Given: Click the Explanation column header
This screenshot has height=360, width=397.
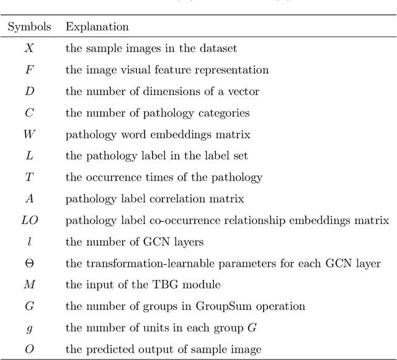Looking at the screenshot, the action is (x=97, y=27).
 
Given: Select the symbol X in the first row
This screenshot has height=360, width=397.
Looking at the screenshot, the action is (x=29, y=48).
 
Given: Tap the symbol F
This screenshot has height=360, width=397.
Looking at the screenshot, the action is (x=29, y=70).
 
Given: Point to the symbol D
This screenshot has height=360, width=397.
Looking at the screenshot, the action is (x=29, y=91).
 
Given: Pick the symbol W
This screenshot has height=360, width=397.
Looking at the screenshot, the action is (x=29, y=134).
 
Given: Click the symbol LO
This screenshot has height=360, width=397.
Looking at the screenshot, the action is (x=29, y=220).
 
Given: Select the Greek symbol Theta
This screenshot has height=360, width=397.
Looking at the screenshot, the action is (x=29, y=263).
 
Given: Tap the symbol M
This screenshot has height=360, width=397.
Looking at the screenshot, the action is (x=29, y=285).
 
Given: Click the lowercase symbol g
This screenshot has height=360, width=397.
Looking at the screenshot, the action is (x=29, y=328).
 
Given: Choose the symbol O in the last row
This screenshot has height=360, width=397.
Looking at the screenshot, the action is (x=29, y=349).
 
